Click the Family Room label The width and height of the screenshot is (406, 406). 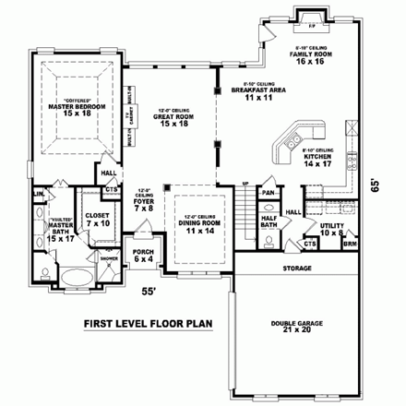(x=311, y=58)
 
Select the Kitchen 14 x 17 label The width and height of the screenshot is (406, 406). (x=319, y=159)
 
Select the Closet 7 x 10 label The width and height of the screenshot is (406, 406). (x=97, y=221)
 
